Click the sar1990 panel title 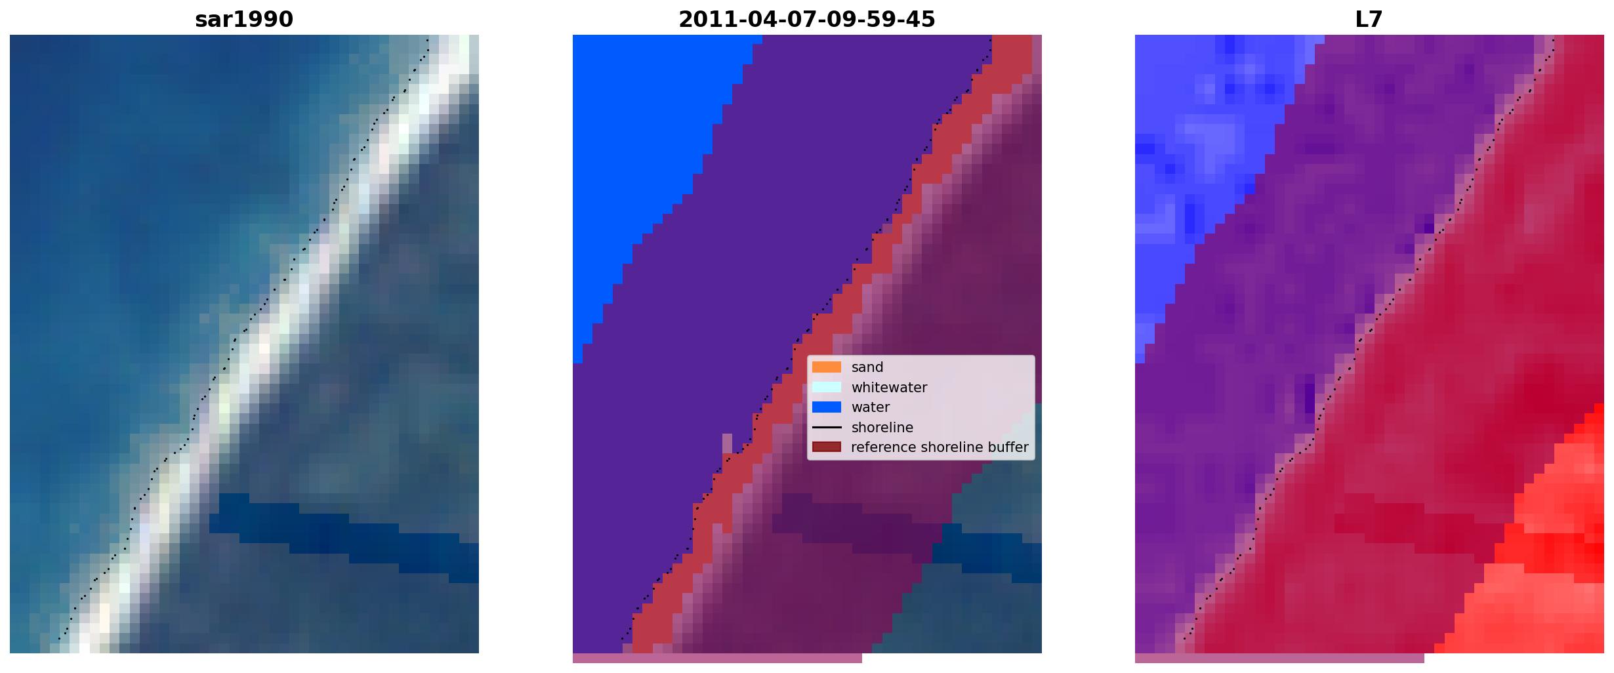(244, 20)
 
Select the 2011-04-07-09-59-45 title (806, 20)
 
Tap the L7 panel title (1369, 20)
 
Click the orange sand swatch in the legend (827, 367)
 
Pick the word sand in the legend (867, 367)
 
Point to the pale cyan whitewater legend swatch (827, 387)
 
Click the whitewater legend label (889, 388)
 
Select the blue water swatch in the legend (827, 407)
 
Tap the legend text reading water (871, 407)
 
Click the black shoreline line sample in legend (827, 428)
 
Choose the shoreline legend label (882, 428)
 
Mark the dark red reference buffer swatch (827, 447)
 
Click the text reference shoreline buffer (940, 447)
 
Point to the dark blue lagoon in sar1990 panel (341, 535)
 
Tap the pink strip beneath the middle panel (717, 658)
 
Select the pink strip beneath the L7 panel (1279, 658)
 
